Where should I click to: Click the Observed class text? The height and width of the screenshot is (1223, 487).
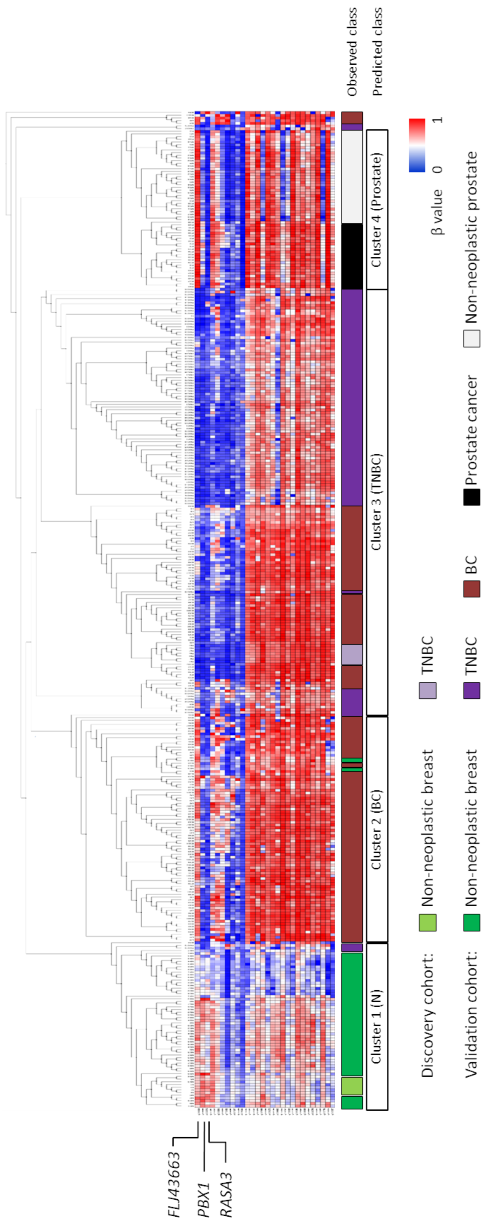[352, 52]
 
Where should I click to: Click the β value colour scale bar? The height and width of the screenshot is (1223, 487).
[417, 145]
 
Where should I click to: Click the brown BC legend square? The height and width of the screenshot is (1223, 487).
[472, 589]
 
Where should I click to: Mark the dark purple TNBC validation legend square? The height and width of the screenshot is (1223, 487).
[472, 690]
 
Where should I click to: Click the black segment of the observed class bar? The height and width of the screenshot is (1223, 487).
[352, 256]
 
